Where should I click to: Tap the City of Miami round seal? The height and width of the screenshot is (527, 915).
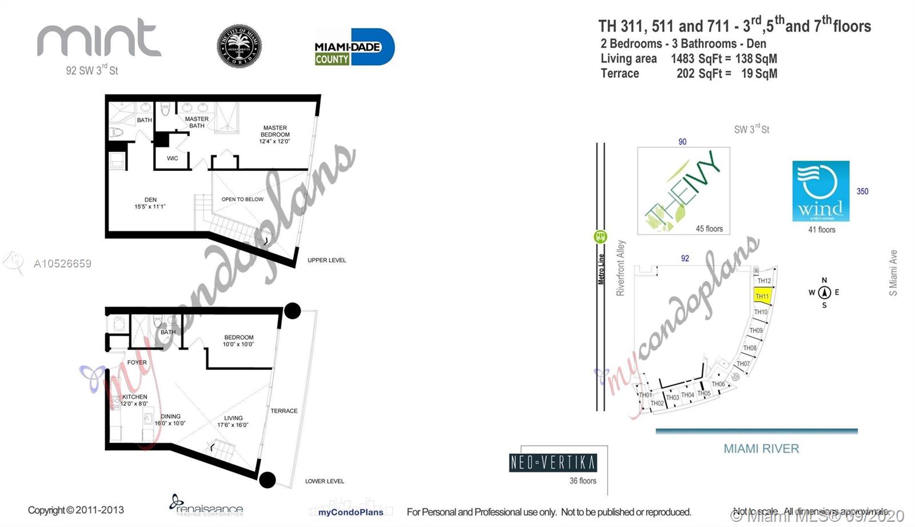tap(239, 46)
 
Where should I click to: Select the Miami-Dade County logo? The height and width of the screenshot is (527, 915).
tap(354, 47)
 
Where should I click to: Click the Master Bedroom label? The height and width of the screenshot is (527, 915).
tap(275, 134)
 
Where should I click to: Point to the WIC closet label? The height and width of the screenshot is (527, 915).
tap(173, 158)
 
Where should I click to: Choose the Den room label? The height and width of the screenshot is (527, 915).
tap(150, 203)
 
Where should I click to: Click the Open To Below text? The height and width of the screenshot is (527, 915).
tap(242, 199)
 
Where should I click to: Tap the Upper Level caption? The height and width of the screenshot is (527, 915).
tap(327, 260)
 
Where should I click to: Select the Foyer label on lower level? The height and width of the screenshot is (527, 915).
tap(137, 362)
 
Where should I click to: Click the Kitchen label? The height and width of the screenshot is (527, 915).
tap(134, 400)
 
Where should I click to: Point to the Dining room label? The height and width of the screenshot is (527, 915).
tap(170, 420)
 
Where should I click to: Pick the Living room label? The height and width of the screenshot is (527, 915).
tap(233, 421)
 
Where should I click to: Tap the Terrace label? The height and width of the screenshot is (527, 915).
tap(284, 411)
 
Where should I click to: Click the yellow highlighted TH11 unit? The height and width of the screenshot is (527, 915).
tap(763, 296)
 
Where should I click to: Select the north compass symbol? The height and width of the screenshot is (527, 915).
tap(824, 293)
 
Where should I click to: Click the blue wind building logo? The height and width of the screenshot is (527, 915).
tap(821, 191)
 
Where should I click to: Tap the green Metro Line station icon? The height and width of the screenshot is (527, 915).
tap(600, 236)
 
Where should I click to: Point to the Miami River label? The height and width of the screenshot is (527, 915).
tap(761, 449)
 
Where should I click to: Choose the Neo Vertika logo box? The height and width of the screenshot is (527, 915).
tap(553, 462)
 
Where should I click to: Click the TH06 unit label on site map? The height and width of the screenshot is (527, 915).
tap(718, 384)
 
